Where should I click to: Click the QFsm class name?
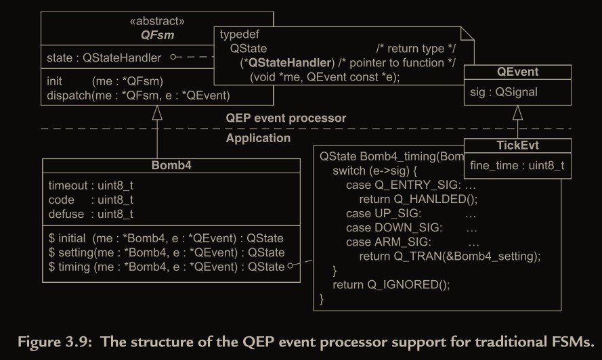pos(157,35)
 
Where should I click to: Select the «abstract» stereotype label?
pos(157,21)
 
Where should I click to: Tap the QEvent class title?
pos(517,72)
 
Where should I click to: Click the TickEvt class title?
pos(517,145)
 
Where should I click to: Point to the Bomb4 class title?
pos(171,165)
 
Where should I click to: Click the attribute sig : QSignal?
pos(504,92)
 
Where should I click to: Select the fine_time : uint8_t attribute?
pos(517,165)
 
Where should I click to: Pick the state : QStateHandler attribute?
pos(104,58)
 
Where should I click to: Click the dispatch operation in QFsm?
pos(138,95)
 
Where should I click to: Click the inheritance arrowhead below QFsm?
pos(157,112)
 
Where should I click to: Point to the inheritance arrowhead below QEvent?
pos(517,112)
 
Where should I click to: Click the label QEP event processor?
pos(286,118)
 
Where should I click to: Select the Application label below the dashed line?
pos(258,138)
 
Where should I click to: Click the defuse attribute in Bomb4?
pos(91,214)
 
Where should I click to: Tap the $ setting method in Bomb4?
pos(167,252)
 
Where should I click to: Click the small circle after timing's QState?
pos(291,265)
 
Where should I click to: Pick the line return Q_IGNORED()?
pos(391,285)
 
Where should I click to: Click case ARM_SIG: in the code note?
pos(389,242)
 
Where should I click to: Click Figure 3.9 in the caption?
pos(55,342)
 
